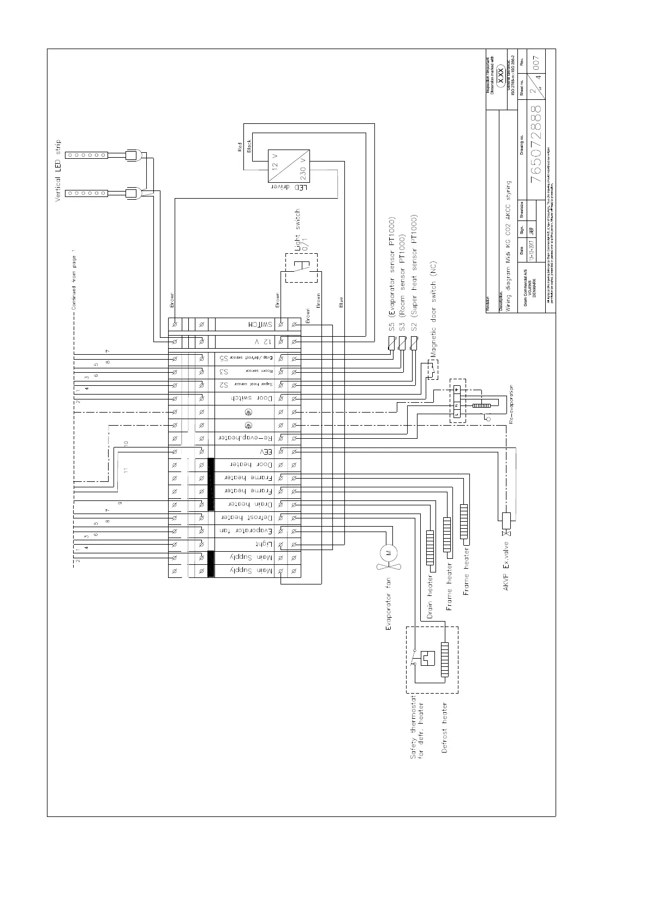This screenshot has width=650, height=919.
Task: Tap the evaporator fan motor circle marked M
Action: pyautogui.click(x=389, y=553)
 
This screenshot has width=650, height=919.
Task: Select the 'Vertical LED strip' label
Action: pyautogui.click(x=58, y=171)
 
